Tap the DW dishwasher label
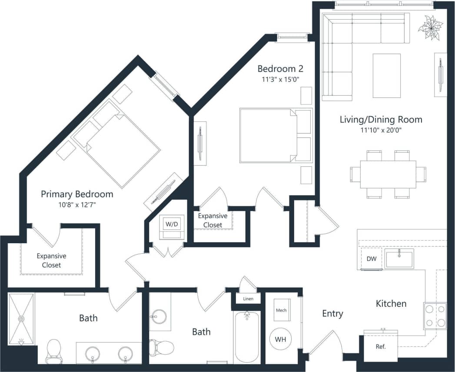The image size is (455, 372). [x=371, y=259]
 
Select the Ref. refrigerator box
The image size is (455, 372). [x=381, y=347]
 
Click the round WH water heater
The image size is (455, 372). [x=281, y=338]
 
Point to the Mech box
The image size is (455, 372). [x=281, y=311]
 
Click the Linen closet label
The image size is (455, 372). [x=248, y=299]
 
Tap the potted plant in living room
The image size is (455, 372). [x=430, y=28]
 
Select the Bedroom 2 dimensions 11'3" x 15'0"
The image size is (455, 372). [x=280, y=79]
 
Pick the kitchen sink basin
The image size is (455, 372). [x=399, y=259]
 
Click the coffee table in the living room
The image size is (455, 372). [x=386, y=76]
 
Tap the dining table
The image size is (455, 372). [x=388, y=174]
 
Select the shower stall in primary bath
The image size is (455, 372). [x=21, y=319]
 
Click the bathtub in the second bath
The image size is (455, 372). [x=247, y=337]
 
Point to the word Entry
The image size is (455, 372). [x=332, y=313]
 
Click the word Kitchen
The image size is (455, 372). [x=391, y=304]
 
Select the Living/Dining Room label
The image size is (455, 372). [x=381, y=120]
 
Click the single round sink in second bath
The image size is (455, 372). [x=160, y=317]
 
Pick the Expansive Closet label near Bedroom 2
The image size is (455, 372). [x=213, y=220]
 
